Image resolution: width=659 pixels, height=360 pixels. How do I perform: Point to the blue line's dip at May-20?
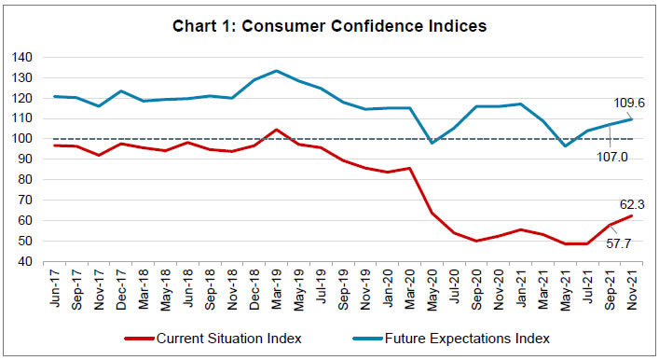[x=432, y=143]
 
